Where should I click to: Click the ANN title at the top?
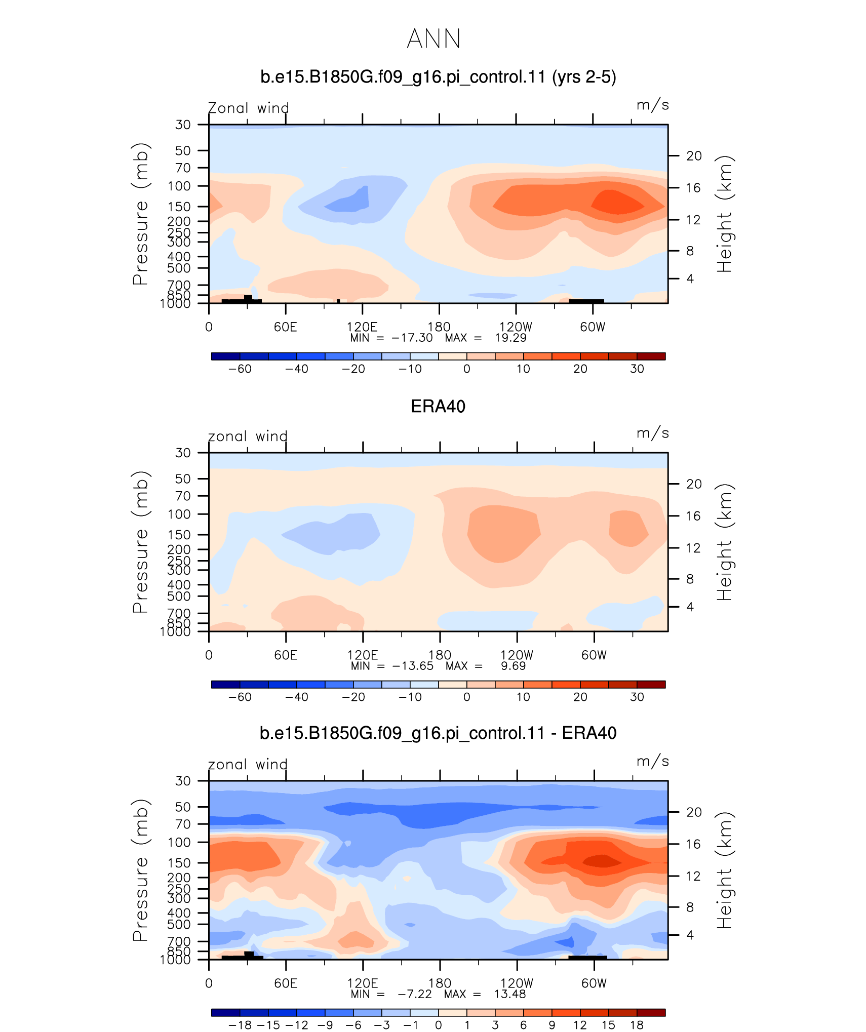434,39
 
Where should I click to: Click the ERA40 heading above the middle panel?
438,407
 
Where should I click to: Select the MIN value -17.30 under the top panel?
412,338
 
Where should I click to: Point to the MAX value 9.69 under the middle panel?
514,666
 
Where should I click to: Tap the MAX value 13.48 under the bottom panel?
510,994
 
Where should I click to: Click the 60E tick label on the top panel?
285,327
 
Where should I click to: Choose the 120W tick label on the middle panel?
517,655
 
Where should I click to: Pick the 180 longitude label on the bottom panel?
440,983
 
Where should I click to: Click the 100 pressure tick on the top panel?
179,186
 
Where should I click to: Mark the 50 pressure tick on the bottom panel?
183,807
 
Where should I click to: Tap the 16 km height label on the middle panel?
694,516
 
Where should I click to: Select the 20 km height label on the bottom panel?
694,812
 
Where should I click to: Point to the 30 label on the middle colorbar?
637,697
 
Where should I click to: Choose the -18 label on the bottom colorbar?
240,1025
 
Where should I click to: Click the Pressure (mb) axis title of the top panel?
140,214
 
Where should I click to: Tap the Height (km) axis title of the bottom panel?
724,870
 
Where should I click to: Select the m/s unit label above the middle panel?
653,433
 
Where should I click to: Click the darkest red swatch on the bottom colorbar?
651,1012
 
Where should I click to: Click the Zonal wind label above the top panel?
248,108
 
